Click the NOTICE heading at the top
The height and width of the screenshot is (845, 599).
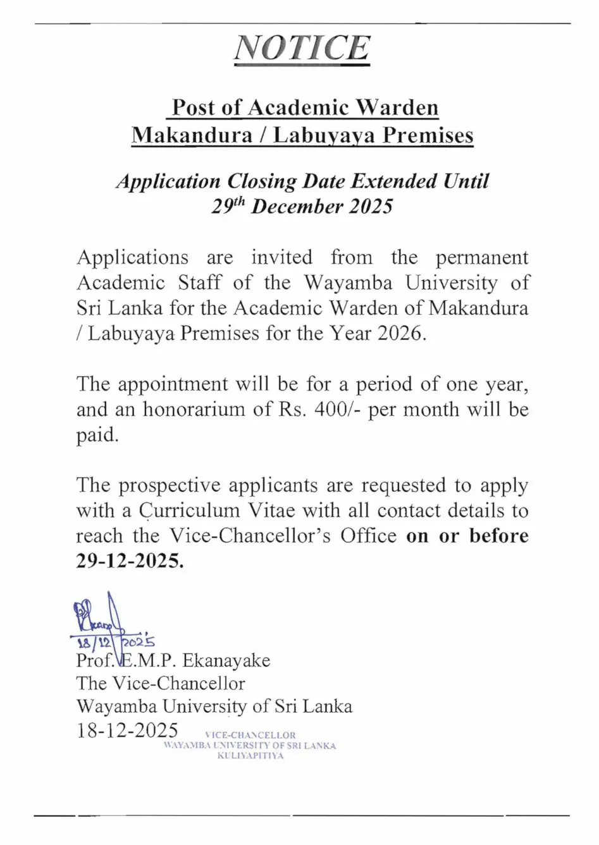pos(301,48)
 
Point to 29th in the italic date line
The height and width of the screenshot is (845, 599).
pos(228,207)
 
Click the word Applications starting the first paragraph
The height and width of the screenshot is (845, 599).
pos(132,257)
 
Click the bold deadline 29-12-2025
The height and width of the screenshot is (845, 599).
pos(130,561)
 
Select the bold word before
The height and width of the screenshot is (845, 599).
pos(498,536)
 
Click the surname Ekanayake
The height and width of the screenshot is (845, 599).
pos(226,661)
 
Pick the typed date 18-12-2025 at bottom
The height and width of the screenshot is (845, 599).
pos(127,731)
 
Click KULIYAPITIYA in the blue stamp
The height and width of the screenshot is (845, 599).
pos(250,756)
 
